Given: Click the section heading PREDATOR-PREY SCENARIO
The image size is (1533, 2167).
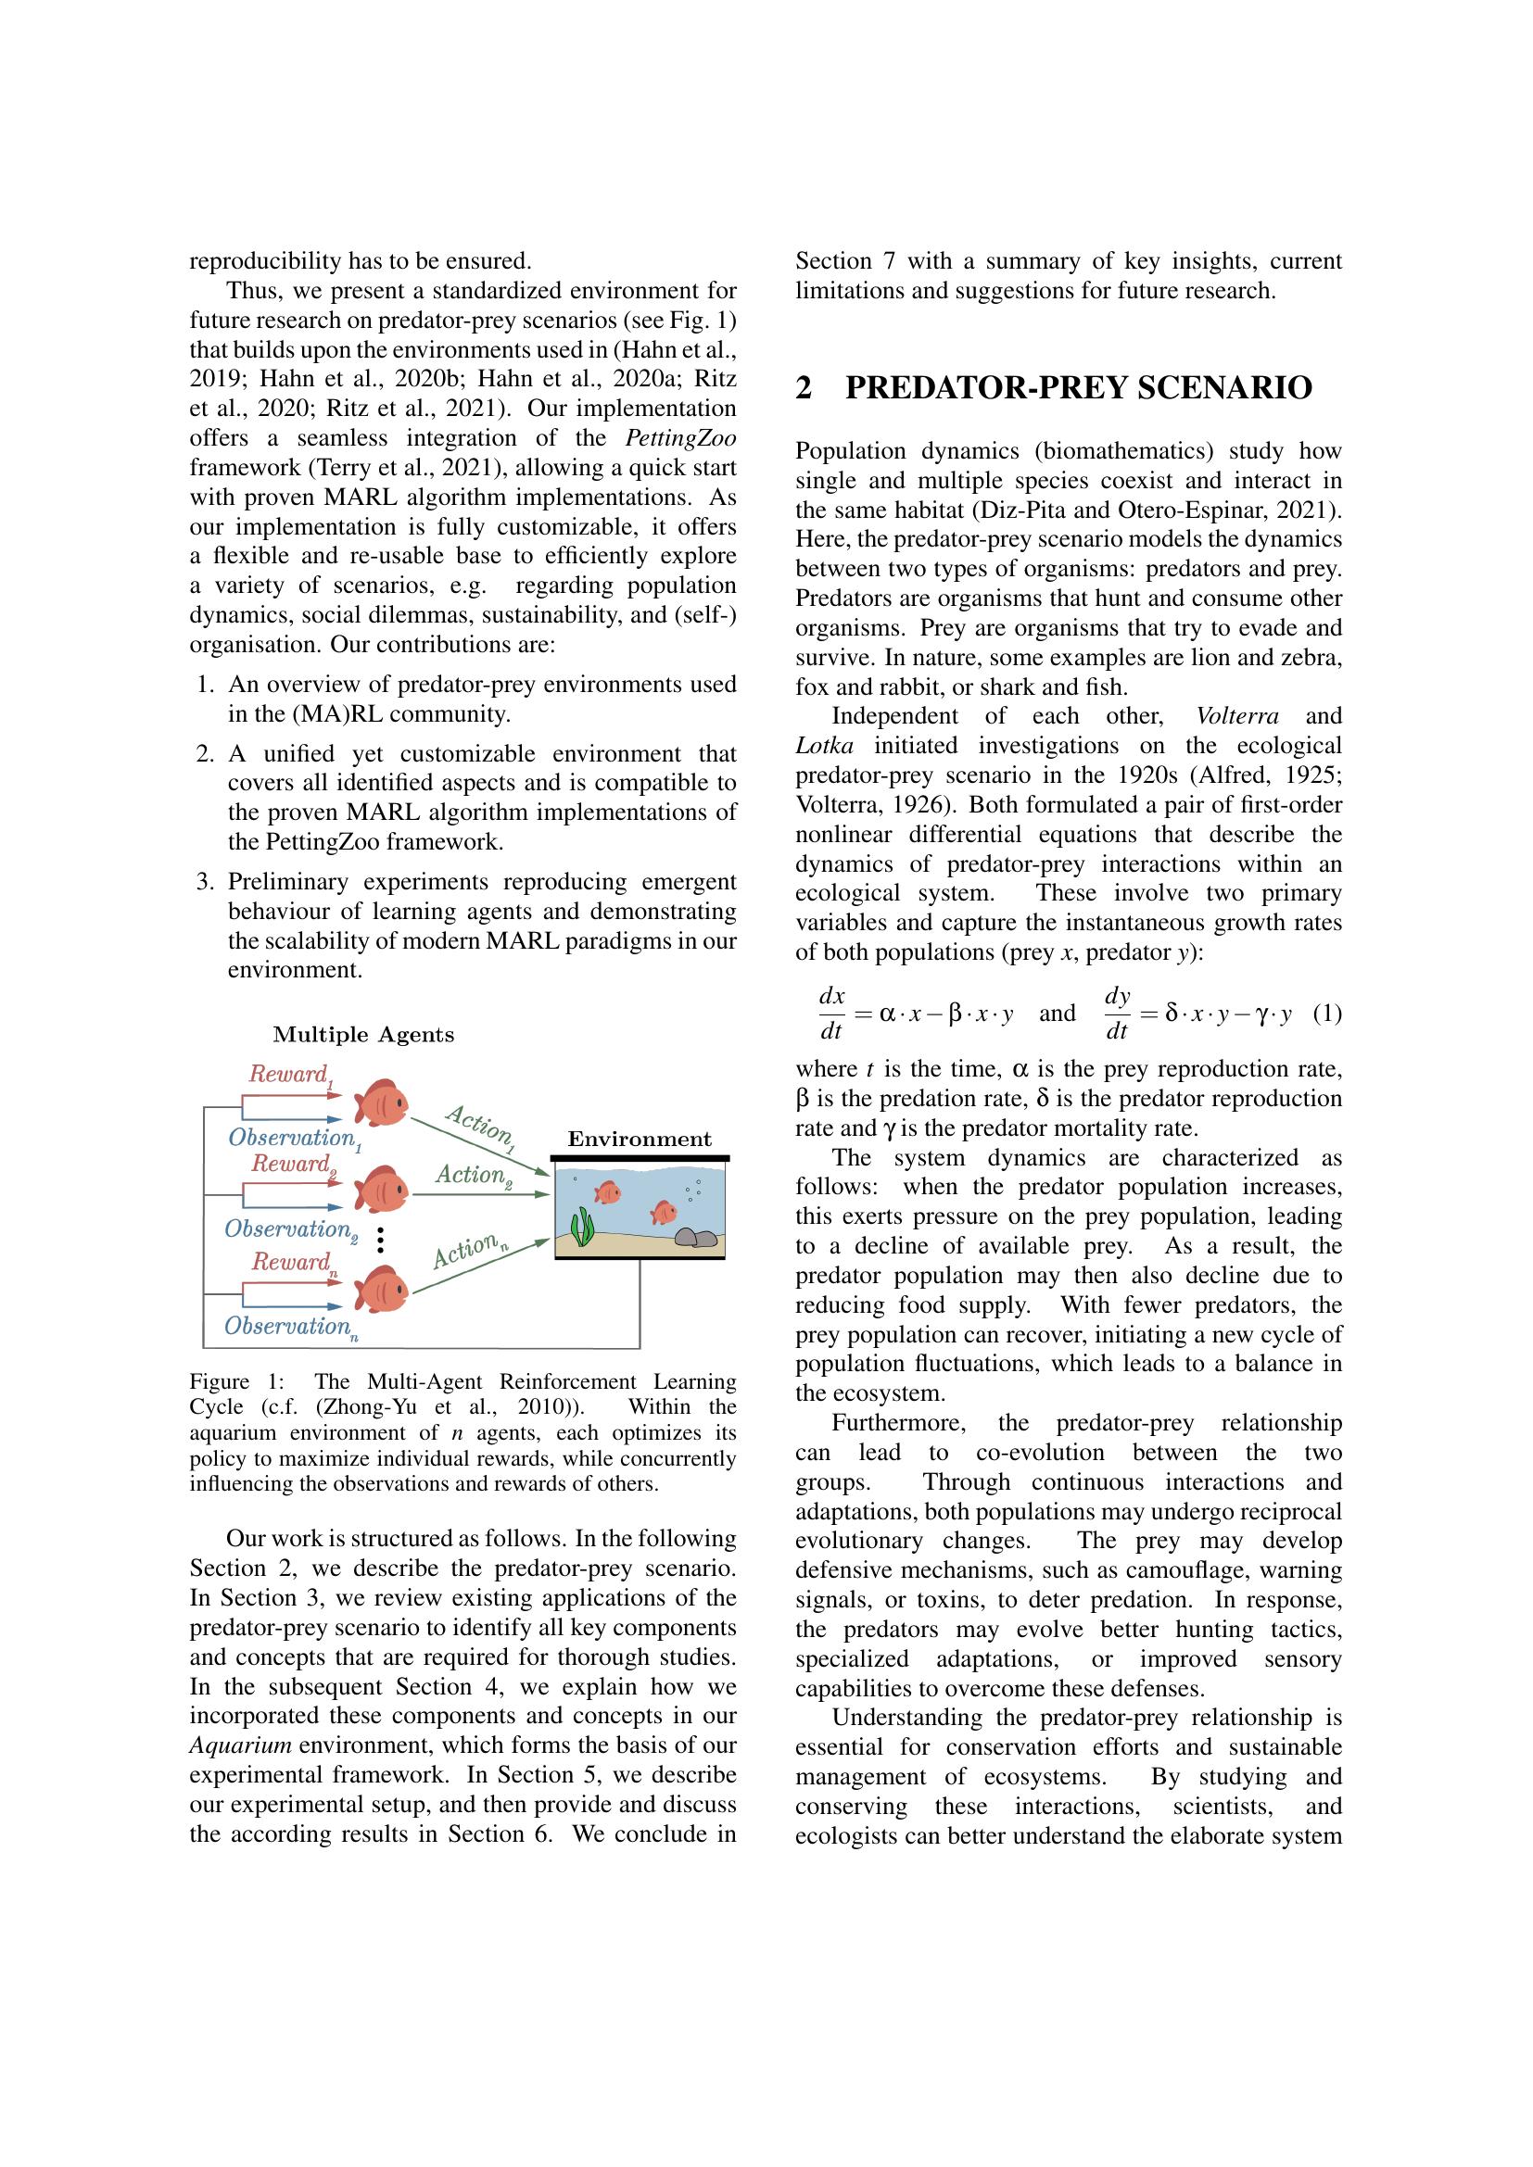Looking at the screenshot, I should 1078,388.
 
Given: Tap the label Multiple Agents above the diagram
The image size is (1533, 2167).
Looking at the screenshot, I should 363,1035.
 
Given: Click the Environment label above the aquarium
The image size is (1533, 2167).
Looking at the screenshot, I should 640,1140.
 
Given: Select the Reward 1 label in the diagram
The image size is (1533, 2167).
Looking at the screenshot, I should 290,1074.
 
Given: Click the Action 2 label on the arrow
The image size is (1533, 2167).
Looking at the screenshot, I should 473,1175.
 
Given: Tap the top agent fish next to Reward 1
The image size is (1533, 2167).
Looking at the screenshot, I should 381,1102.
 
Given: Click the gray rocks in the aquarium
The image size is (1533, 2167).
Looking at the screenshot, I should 695,1238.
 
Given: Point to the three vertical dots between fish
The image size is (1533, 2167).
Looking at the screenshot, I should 380,1241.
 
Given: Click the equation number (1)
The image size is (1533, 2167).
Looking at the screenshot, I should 1326,1014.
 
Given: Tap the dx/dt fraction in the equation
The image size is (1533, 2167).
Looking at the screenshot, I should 830,1014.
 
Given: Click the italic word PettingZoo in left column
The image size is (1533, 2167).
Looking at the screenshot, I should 680,438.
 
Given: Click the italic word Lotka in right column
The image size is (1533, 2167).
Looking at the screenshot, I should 824,746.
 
